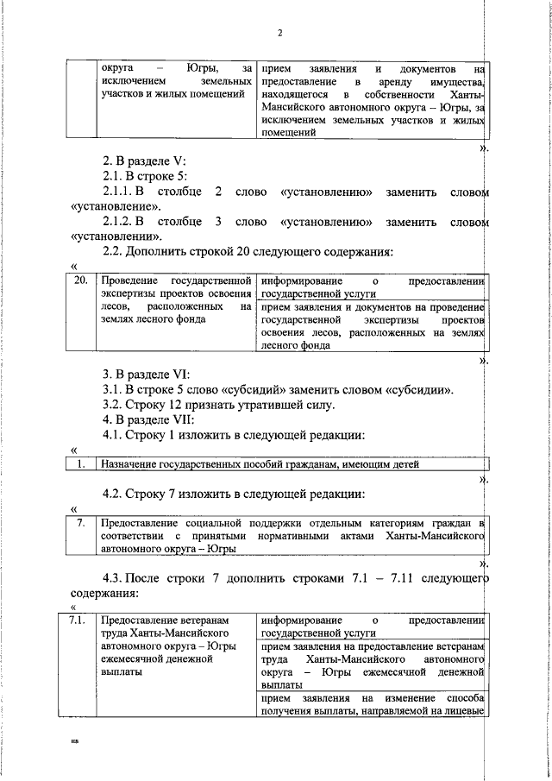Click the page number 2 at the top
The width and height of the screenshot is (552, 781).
tap(280, 34)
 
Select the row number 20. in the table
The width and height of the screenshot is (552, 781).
tap(82, 281)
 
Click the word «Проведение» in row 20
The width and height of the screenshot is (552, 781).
tap(128, 281)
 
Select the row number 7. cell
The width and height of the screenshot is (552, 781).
tap(81, 522)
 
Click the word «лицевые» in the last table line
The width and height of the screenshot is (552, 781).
tap(466, 710)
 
